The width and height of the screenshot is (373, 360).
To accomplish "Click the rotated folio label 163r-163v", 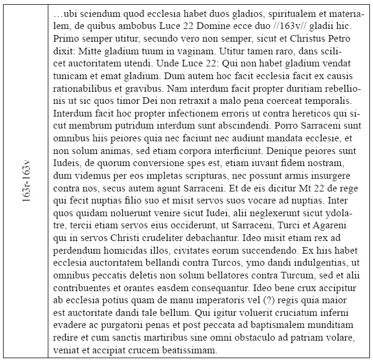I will click(26, 181).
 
